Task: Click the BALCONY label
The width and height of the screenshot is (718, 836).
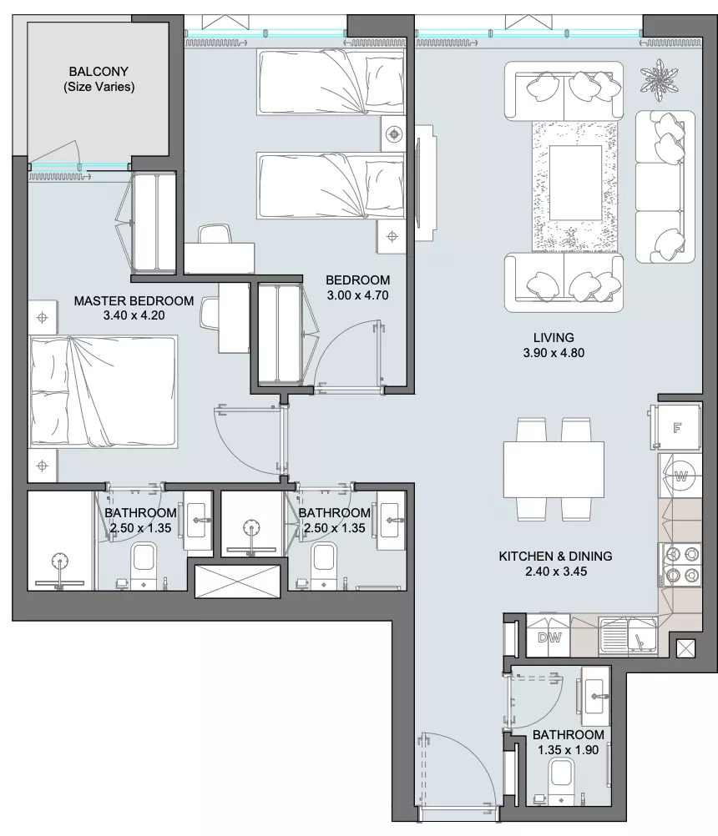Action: [x=99, y=72]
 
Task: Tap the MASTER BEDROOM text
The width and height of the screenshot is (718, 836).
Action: [x=134, y=300]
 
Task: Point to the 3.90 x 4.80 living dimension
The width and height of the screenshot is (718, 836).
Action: [x=554, y=353]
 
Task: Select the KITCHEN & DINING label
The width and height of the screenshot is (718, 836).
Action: [x=555, y=556]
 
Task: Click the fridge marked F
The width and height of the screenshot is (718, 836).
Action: [x=676, y=426]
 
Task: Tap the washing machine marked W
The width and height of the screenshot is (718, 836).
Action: [x=680, y=476]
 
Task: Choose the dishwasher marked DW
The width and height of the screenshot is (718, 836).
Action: [x=549, y=637]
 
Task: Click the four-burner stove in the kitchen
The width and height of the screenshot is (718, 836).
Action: [x=680, y=565]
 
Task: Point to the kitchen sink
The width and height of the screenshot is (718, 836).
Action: [x=628, y=635]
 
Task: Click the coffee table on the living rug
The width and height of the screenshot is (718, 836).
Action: [x=575, y=183]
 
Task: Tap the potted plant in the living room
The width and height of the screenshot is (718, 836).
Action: [x=660, y=79]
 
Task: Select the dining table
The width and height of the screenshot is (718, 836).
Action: [x=554, y=469]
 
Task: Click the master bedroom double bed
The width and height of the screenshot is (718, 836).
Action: [x=104, y=391]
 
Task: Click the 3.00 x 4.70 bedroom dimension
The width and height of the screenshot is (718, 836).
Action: [x=357, y=295]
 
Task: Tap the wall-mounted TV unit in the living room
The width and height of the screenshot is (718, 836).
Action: [x=424, y=183]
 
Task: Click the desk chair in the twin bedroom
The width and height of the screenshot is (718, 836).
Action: [x=215, y=234]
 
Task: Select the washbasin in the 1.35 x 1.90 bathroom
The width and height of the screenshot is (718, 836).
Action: [x=596, y=697]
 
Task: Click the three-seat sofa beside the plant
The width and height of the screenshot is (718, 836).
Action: [x=665, y=187]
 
